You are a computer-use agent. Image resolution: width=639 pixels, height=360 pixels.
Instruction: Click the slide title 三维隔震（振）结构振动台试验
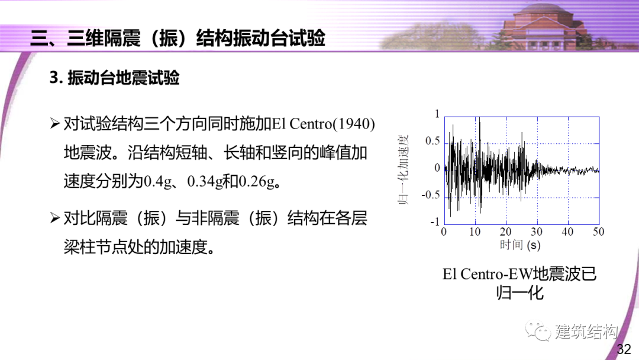click(177, 38)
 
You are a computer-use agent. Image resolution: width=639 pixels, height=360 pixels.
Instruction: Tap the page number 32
click(624, 349)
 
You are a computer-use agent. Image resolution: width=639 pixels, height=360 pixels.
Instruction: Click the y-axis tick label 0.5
click(433, 141)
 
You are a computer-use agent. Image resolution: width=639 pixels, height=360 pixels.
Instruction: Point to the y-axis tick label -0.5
click(431, 195)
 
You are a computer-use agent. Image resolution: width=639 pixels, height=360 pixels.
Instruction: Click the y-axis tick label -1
click(435, 222)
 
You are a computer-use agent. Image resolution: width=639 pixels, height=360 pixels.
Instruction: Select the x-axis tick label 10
click(475, 232)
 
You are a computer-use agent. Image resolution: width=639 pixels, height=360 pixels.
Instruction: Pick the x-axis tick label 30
click(537, 232)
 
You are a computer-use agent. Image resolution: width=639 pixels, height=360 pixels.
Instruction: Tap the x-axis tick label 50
click(598, 232)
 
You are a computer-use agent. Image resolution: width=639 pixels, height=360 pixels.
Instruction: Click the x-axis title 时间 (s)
click(520, 245)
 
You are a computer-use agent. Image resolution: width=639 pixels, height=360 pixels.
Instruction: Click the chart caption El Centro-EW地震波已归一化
click(519, 283)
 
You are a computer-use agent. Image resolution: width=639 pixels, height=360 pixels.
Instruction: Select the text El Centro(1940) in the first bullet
click(324, 124)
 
